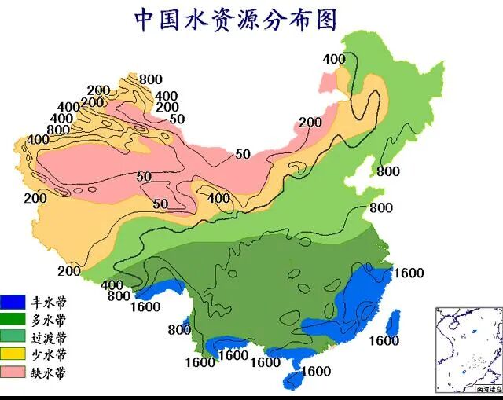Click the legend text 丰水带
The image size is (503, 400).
[49, 301]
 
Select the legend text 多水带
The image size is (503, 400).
[49, 319]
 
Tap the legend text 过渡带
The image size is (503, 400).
[49, 336]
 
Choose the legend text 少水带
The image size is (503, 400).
[49, 354]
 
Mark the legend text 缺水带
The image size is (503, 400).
[49, 372]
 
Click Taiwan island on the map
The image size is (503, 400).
[395, 322]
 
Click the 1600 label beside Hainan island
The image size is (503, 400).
[316, 371]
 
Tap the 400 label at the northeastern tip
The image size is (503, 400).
[334, 59]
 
